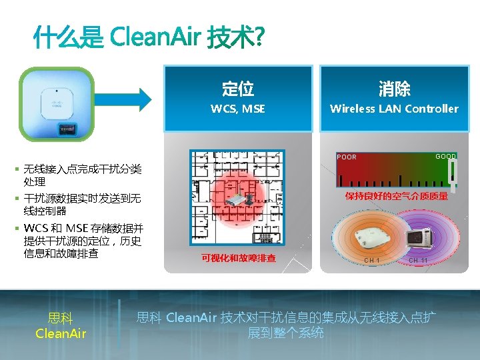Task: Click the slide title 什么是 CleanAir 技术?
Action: (148, 39)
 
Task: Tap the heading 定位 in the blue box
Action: (238, 88)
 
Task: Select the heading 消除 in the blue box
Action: (394, 88)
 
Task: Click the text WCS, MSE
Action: (238, 109)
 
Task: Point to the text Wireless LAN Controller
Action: (394, 109)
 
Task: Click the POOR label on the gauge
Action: (347, 157)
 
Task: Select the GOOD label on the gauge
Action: (445, 157)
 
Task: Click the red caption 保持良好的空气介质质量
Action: (396, 197)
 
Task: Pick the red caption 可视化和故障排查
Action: (238, 258)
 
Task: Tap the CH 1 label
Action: (372, 260)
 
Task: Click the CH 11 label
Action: (418, 260)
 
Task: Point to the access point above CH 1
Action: (370, 235)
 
